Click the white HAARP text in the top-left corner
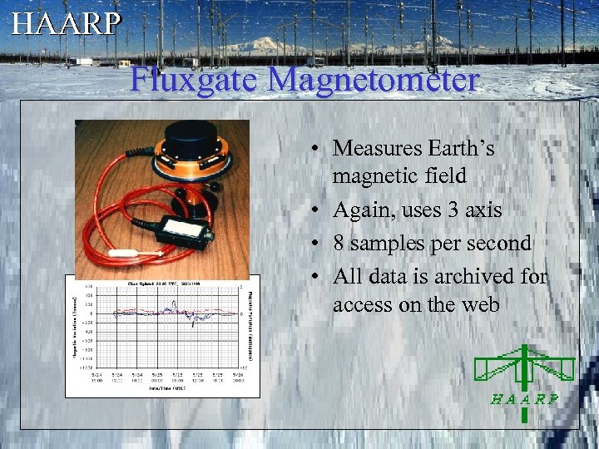[67, 22]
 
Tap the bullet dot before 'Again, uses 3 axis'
[319, 211]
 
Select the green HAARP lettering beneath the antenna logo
[524, 398]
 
